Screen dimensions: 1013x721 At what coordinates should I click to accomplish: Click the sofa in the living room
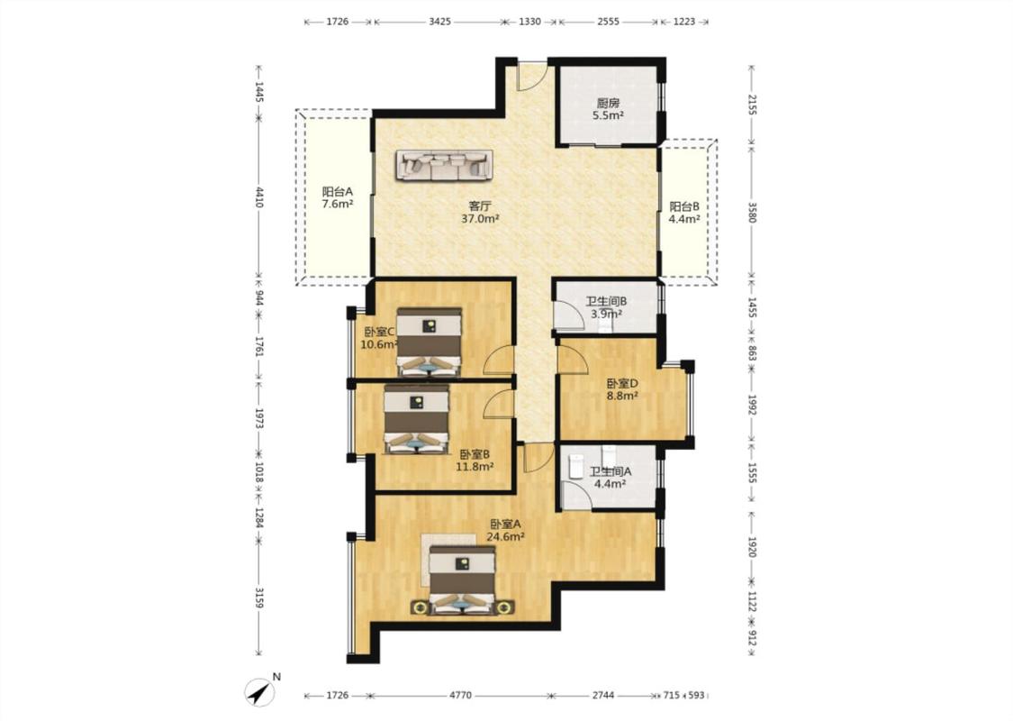point(445,165)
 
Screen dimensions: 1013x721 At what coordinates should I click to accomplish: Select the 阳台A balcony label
point(338,191)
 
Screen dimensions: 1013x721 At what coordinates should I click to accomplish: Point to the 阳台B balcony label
point(684,206)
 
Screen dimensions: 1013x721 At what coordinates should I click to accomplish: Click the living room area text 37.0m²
point(480,219)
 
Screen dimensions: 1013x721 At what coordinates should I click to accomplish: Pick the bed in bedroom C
point(429,342)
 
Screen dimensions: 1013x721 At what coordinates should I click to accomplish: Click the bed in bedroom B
point(416,418)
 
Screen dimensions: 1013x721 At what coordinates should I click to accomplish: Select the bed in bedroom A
point(463,580)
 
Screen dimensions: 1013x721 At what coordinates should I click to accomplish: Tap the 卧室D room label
point(622,383)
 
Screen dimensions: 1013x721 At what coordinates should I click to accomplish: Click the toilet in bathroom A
point(575,467)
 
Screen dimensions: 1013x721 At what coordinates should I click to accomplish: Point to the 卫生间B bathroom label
point(606,301)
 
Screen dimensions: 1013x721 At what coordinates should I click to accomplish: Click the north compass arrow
point(259,692)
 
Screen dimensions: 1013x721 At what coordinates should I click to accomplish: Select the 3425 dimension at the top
point(439,22)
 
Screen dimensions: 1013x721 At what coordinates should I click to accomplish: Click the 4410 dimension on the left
point(259,197)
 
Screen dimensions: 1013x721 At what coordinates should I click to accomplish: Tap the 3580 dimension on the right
point(751,212)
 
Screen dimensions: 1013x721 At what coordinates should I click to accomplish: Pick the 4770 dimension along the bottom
point(460,696)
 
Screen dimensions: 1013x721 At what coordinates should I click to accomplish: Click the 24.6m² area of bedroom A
point(505,536)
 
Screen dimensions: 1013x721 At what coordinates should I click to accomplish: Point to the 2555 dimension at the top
point(608,22)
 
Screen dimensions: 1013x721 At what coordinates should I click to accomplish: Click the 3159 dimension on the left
point(259,598)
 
